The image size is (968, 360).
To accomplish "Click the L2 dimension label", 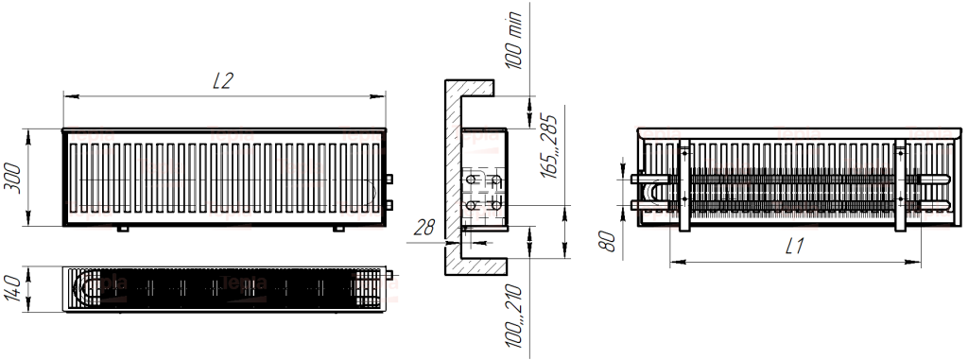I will coord(223,81).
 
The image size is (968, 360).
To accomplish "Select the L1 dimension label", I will coord(793,248).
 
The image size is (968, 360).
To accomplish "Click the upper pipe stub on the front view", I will coord(388,177).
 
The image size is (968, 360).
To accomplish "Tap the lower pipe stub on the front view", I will coord(388,202).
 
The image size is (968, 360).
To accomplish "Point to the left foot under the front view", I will coord(121,229).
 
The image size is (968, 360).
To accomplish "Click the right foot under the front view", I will coord(337,229).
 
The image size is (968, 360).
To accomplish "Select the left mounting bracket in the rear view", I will coord(685,184).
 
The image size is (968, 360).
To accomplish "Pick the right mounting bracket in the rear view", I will coord(900,184).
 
